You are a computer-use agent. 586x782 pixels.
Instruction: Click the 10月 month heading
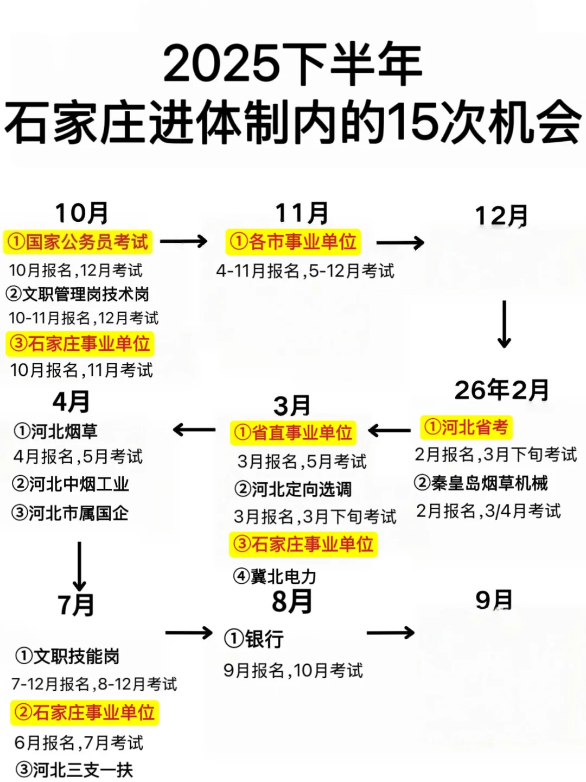[x=81, y=213]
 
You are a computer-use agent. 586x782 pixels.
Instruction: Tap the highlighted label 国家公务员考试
[x=78, y=242]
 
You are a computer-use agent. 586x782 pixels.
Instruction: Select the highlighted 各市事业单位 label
[x=293, y=242]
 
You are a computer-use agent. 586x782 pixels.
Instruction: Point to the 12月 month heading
[x=501, y=216]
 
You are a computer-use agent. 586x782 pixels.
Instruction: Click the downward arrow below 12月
[x=504, y=324]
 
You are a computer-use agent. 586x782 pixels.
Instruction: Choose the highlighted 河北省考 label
[x=466, y=427]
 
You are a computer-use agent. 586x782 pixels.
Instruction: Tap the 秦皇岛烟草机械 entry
[x=481, y=483]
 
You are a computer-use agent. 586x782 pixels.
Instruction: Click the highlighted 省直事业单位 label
[x=293, y=433]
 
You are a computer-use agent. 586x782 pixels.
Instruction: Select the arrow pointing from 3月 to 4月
[x=194, y=431]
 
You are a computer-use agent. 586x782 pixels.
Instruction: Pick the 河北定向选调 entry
[x=293, y=489]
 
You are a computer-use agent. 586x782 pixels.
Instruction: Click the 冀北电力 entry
[x=275, y=576]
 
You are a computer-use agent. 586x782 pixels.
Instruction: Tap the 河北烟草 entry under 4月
[x=56, y=432]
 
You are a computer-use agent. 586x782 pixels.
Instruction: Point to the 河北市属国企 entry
[x=70, y=513]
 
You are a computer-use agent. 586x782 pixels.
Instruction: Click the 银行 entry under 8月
[x=254, y=639]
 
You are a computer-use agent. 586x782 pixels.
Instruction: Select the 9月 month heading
[x=494, y=600]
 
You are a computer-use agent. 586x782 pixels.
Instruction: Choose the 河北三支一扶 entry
[x=74, y=770]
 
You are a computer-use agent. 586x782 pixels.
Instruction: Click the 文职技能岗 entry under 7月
[x=68, y=657]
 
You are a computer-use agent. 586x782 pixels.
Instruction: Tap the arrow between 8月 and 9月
[x=390, y=633]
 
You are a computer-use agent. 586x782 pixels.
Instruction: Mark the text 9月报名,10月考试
[x=293, y=671]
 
